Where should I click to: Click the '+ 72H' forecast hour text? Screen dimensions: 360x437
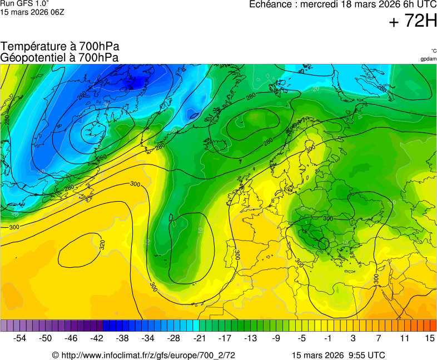click(413, 21)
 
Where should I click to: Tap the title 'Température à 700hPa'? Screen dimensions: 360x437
click(60, 47)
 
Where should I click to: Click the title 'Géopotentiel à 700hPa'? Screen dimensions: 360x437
click(59, 57)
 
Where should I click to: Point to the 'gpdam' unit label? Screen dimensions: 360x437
click(429, 58)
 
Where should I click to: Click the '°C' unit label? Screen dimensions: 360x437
click(434, 51)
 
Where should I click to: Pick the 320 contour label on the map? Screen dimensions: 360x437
click(102, 244)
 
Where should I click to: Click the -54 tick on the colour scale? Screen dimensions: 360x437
click(20, 338)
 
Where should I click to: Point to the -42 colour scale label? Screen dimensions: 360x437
click(97, 338)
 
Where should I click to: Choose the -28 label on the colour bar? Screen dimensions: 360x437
click(173, 338)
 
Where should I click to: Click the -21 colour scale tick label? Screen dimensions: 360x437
click(199, 338)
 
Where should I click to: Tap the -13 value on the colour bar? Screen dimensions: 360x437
click(250, 338)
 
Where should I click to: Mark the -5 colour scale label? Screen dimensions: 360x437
click(301, 338)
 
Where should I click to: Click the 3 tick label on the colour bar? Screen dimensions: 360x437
click(352, 338)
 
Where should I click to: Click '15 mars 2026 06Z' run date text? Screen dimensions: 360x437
click(32, 12)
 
